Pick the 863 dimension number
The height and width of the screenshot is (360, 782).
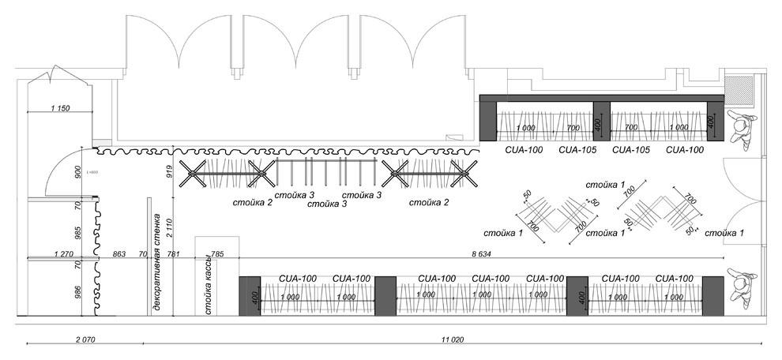(118, 254)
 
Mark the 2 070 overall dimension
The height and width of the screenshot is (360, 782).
(85, 339)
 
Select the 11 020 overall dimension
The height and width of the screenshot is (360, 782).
(452, 339)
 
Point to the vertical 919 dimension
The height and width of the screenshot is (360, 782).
(168, 172)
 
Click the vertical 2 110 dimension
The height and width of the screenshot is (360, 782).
(168, 229)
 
